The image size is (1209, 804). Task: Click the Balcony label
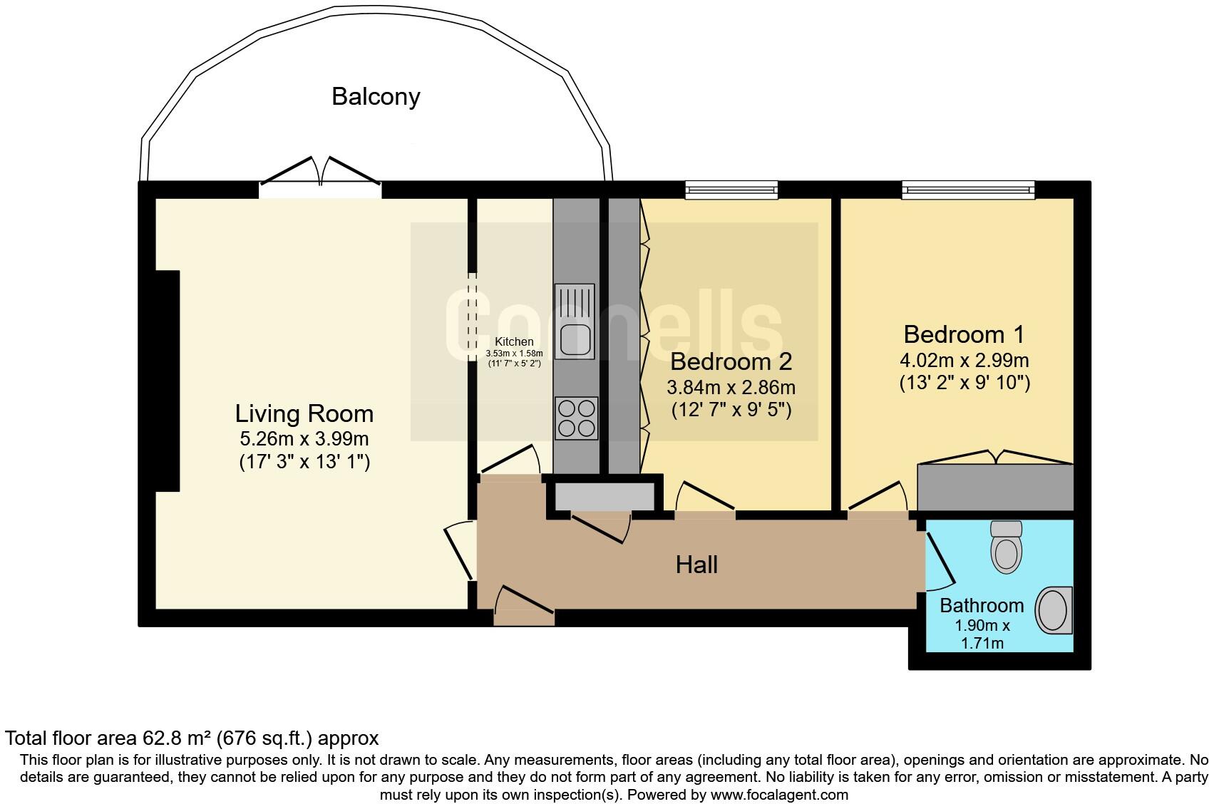pos(376,96)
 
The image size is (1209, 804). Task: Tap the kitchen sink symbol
pos(575,321)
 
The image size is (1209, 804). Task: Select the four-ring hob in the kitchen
pos(576,418)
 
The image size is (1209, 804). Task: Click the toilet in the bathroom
pos(1006,547)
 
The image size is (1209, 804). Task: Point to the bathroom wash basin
pos(1054,611)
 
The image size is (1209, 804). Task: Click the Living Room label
pos(304,413)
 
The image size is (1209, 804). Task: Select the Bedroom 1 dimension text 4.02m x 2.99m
pos(964,361)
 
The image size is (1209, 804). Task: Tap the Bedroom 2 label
pos(731,361)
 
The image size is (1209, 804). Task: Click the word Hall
pos(696,565)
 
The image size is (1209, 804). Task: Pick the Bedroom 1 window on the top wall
pos(968,190)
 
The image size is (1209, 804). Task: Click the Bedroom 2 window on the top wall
pos(731,190)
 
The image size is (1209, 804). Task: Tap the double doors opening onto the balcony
pos(320,178)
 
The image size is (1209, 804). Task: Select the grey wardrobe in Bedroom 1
pos(995,487)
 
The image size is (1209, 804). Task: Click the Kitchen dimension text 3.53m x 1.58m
pos(514,353)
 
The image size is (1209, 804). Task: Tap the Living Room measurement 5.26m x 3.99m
pos(304,439)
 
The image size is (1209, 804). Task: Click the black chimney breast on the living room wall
pos(168,381)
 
